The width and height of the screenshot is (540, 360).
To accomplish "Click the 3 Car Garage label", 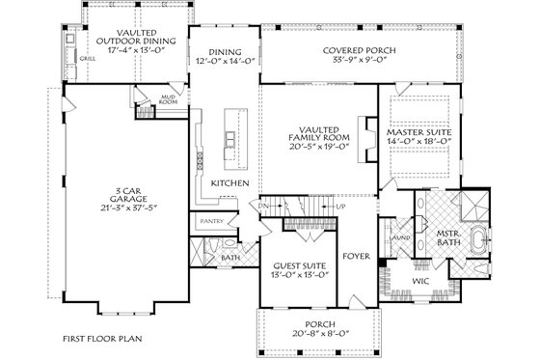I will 101,196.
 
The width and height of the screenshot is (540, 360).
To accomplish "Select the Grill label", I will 87,58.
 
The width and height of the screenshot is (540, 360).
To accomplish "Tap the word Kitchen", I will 231,182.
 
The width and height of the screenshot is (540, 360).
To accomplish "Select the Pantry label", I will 212,221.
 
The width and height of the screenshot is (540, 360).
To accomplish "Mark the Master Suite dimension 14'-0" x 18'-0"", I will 420,141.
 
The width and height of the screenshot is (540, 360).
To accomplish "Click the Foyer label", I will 357,259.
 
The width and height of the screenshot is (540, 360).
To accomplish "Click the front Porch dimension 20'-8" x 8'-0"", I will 303,334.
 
